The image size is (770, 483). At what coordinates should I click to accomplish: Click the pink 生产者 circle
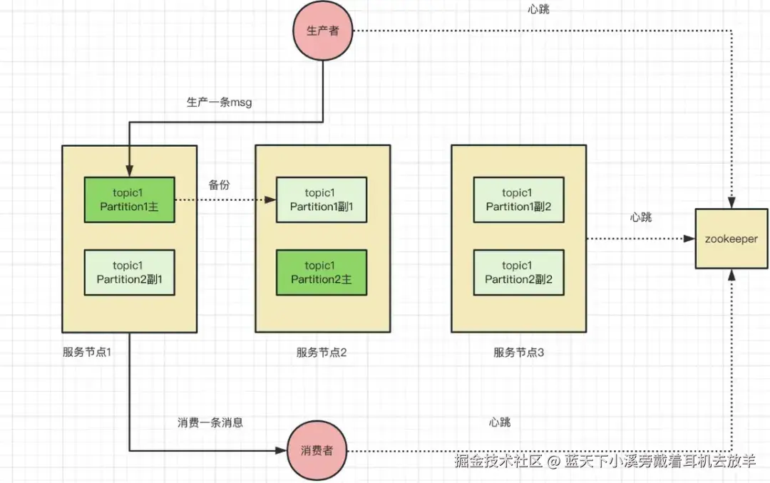(x=323, y=31)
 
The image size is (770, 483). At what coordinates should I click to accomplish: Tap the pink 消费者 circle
(x=317, y=450)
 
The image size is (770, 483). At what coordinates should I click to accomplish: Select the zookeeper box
(x=731, y=239)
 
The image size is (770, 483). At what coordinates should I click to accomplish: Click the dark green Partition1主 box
(x=130, y=199)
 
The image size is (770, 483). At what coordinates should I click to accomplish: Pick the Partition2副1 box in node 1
(x=130, y=272)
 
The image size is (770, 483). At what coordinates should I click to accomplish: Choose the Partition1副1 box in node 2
(x=322, y=199)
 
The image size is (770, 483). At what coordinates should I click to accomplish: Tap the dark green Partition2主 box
(x=322, y=272)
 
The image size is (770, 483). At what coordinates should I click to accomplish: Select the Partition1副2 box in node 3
(x=518, y=199)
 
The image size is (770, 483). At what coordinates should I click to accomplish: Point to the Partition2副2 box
(x=518, y=272)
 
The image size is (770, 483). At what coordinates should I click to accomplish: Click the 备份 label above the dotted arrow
(x=219, y=185)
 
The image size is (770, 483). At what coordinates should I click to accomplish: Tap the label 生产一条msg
(x=219, y=102)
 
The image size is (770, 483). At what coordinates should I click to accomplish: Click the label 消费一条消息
(x=210, y=422)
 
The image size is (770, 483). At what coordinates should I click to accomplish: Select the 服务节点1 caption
(x=87, y=352)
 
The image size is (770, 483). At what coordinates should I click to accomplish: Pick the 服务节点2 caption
(x=322, y=353)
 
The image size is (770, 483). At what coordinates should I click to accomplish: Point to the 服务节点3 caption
(x=518, y=353)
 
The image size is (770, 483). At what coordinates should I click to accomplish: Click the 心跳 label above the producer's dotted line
(x=539, y=9)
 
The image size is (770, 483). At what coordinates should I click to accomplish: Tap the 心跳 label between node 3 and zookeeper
(x=641, y=217)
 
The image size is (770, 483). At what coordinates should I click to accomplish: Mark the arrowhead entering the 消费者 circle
(x=282, y=450)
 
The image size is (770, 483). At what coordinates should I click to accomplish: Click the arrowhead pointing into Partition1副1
(x=271, y=199)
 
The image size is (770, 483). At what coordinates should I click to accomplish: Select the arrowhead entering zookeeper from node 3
(x=689, y=239)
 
